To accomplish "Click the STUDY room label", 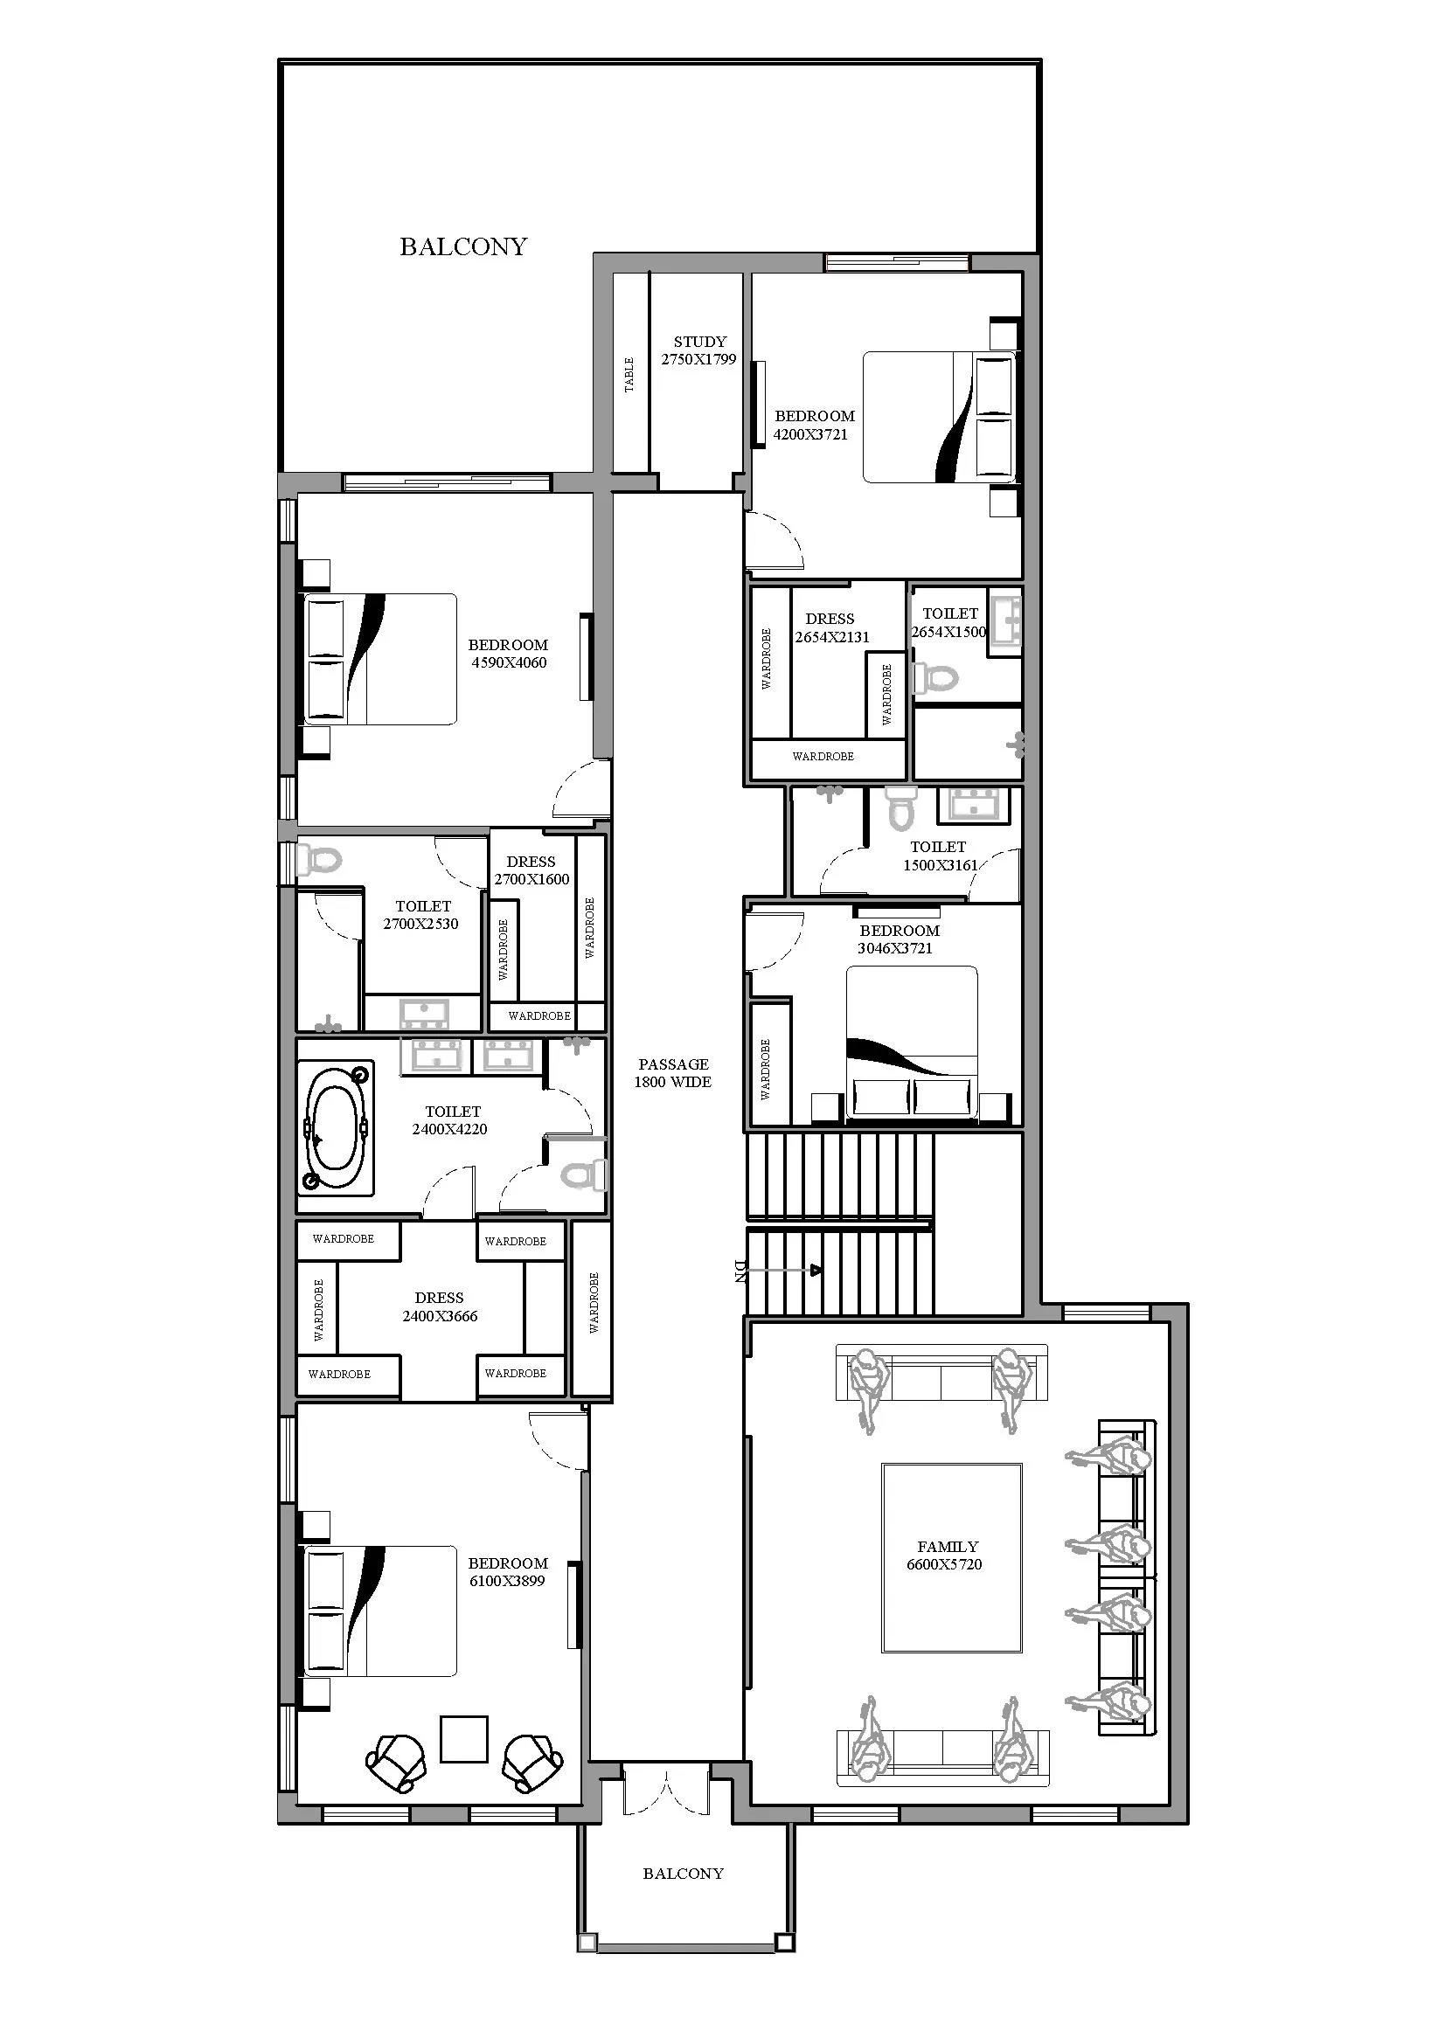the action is click(700, 342).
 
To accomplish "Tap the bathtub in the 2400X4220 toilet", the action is click(336, 1128).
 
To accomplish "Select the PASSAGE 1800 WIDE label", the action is click(673, 1073).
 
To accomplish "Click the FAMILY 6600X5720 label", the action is click(945, 1556).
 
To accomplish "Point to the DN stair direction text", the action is click(739, 1271).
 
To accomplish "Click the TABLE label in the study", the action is click(629, 375).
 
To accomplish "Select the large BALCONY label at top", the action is click(463, 246).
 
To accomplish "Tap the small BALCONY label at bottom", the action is click(683, 1873).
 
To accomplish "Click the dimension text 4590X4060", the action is click(510, 662).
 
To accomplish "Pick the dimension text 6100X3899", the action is click(508, 1581).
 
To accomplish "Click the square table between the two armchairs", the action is click(464, 1739).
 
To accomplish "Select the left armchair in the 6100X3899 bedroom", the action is click(395, 1762).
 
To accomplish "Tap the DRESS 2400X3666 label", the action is click(440, 1306).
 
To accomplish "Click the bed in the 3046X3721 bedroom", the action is click(911, 1042).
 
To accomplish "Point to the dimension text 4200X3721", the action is click(810, 434).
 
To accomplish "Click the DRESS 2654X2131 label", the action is click(831, 627).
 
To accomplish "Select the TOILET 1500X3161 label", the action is click(940, 856).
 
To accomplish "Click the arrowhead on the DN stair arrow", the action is click(815, 1271).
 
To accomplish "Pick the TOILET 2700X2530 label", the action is click(422, 915).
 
